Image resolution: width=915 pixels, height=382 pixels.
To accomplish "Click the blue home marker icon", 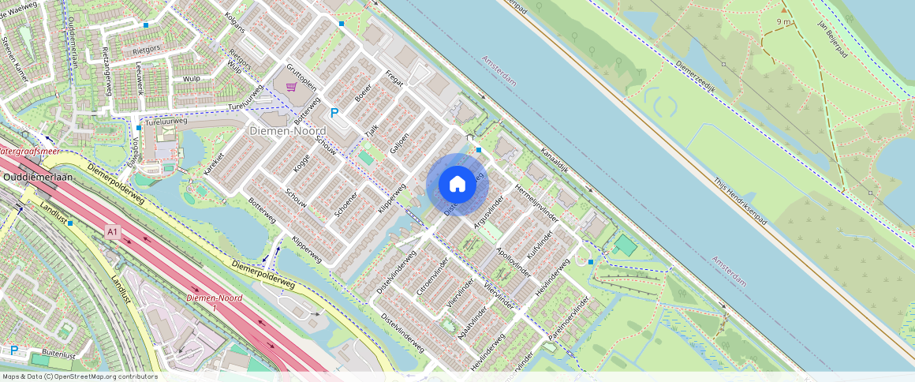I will click(458, 185).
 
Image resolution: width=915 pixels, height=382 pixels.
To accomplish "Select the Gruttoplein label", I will click(301, 75).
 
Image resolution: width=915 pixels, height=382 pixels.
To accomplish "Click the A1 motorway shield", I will click(113, 232).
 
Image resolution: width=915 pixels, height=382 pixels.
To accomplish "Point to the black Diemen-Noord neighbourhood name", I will click(282, 131).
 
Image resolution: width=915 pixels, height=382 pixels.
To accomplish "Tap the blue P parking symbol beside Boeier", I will click(334, 114).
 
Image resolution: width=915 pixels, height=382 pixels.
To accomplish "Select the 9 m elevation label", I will click(783, 21).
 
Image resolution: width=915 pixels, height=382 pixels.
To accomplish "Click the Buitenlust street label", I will click(58, 355).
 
